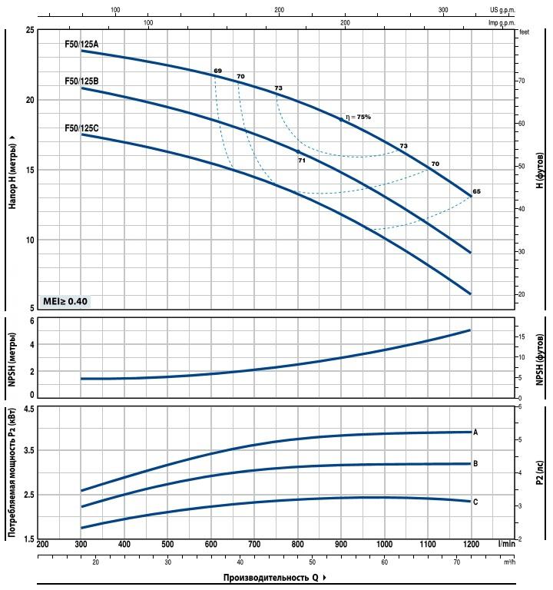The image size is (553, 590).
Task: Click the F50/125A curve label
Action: click(81, 45)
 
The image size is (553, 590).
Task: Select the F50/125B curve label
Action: click(81, 81)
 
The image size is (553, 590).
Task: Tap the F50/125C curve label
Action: click(81, 128)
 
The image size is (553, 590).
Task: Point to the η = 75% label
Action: click(358, 117)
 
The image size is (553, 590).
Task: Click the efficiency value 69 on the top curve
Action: click(217, 71)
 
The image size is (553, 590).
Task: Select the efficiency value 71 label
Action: click(302, 161)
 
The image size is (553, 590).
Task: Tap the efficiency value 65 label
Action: click(477, 191)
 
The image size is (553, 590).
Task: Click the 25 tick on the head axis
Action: click(29, 30)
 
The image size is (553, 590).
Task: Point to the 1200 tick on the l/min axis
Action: click(470, 544)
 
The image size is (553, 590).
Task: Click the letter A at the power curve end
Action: click(476, 433)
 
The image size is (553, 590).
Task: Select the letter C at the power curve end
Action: click(476, 502)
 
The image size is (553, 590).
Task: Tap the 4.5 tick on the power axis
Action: click(28, 409)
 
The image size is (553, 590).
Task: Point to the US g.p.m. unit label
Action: click(502, 10)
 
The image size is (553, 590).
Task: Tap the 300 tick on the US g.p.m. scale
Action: click(443, 10)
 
